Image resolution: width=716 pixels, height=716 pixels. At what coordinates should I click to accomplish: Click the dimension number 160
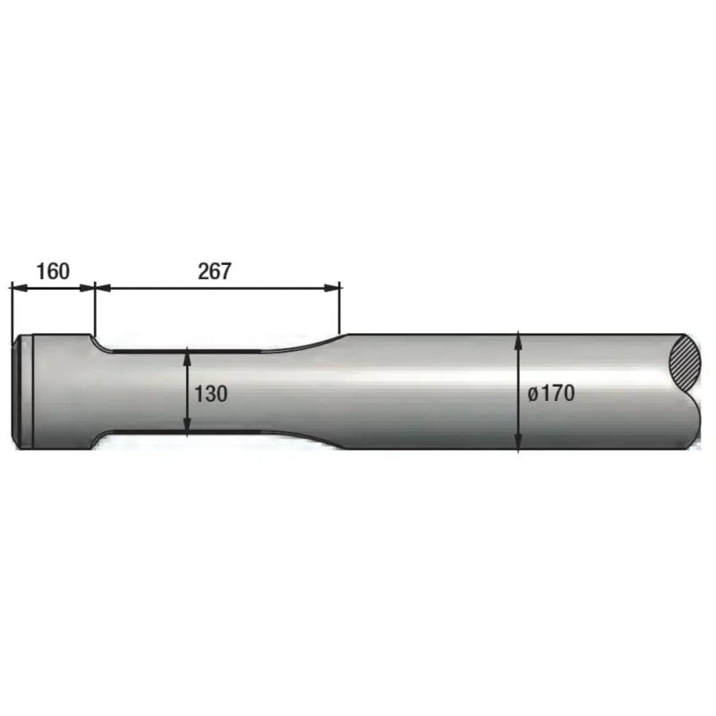[53, 271]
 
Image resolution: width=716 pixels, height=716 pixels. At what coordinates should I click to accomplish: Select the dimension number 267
[215, 271]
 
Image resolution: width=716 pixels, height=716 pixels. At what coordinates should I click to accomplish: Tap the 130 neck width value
[210, 394]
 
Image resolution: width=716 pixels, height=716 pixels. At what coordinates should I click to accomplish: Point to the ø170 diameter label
[551, 393]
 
